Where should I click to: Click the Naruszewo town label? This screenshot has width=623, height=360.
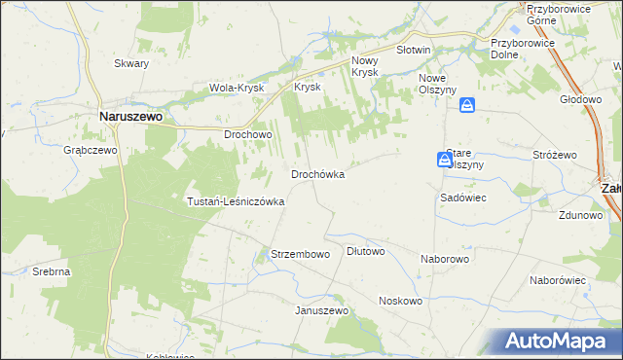(131, 115)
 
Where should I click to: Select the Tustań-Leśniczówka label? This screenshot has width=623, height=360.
(236, 201)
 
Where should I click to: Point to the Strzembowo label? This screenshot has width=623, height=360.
(299, 254)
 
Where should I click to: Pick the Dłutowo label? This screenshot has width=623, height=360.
(366, 251)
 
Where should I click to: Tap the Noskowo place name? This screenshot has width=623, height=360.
(400, 302)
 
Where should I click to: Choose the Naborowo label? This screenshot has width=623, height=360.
(445, 260)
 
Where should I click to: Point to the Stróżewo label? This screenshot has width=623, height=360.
(555, 155)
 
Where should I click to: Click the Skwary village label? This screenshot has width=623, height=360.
(131, 63)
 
